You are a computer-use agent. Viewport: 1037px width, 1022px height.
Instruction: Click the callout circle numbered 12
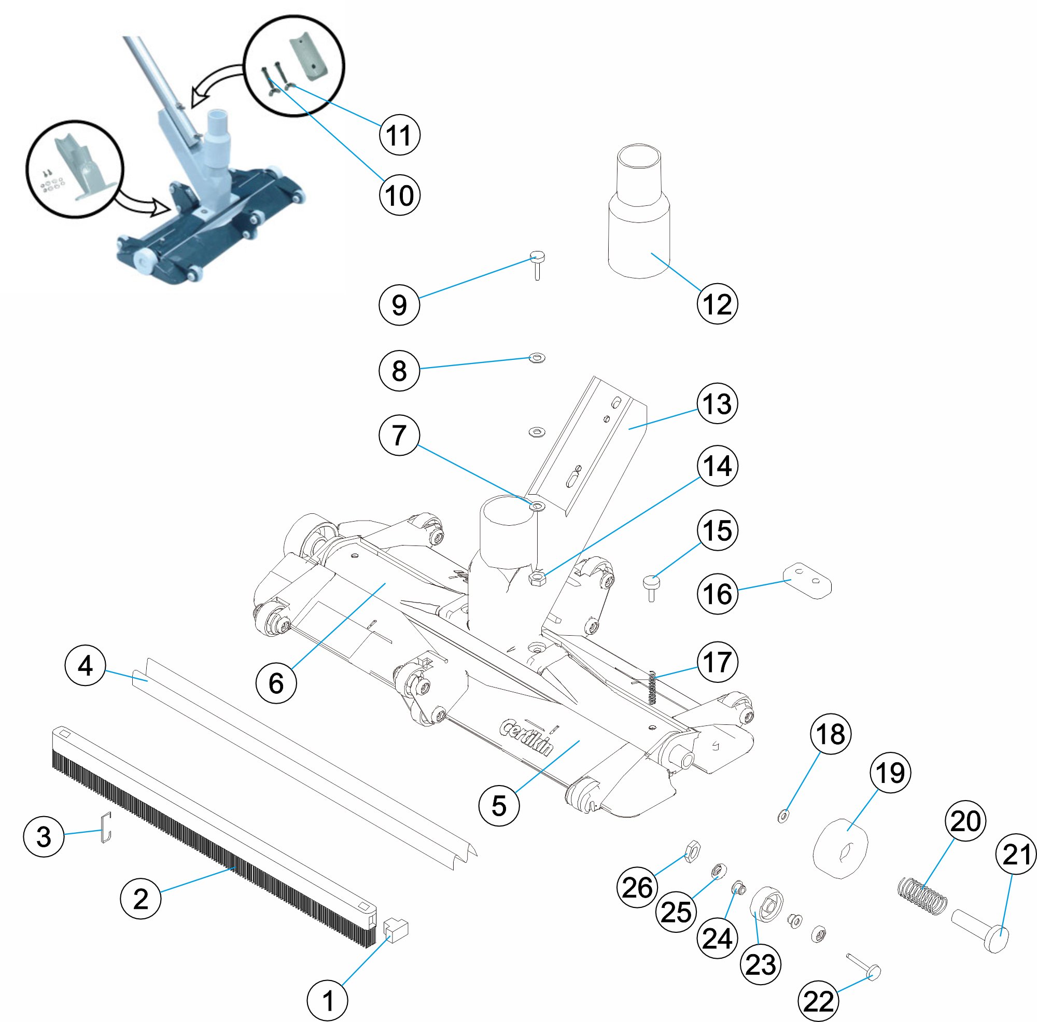pyautogui.click(x=717, y=304)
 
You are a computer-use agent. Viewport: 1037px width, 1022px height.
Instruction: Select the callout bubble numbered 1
pyautogui.click(x=327, y=1001)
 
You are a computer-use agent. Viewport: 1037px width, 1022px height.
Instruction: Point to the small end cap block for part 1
pyautogui.click(x=397, y=931)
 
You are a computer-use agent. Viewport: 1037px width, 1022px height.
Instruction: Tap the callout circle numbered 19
pyautogui.click(x=890, y=773)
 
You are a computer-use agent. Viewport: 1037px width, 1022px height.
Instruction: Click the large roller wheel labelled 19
pyautogui.click(x=840, y=849)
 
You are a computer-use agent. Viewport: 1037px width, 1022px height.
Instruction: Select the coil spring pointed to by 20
pyautogui.click(x=922, y=897)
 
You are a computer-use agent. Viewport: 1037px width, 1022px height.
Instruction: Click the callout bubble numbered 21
pyautogui.click(x=1016, y=855)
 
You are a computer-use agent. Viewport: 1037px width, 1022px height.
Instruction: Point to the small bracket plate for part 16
pyautogui.click(x=808, y=581)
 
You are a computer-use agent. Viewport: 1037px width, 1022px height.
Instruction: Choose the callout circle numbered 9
pyautogui.click(x=399, y=305)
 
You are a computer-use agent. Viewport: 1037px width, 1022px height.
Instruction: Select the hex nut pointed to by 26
pyautogui.click(x=693, y=850)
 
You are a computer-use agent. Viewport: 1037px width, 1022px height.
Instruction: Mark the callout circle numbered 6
pyautogui.click(x=276, y=683)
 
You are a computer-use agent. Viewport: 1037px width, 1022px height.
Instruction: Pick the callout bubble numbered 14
pyautogui.click(x=717, y=466)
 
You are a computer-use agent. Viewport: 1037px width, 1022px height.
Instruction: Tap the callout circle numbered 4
pyautogui.click(x=86, y=666)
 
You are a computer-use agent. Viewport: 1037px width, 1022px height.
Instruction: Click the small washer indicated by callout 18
pyautogui.click(x=783, y=817)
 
